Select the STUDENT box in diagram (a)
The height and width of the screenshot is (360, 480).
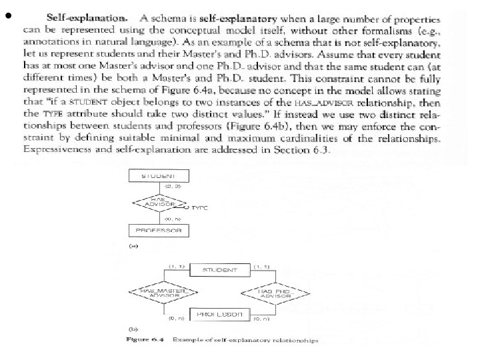pos(158,175)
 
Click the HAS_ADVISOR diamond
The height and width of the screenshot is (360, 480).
pos(158,202)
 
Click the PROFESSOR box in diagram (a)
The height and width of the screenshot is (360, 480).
pos(158,231)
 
